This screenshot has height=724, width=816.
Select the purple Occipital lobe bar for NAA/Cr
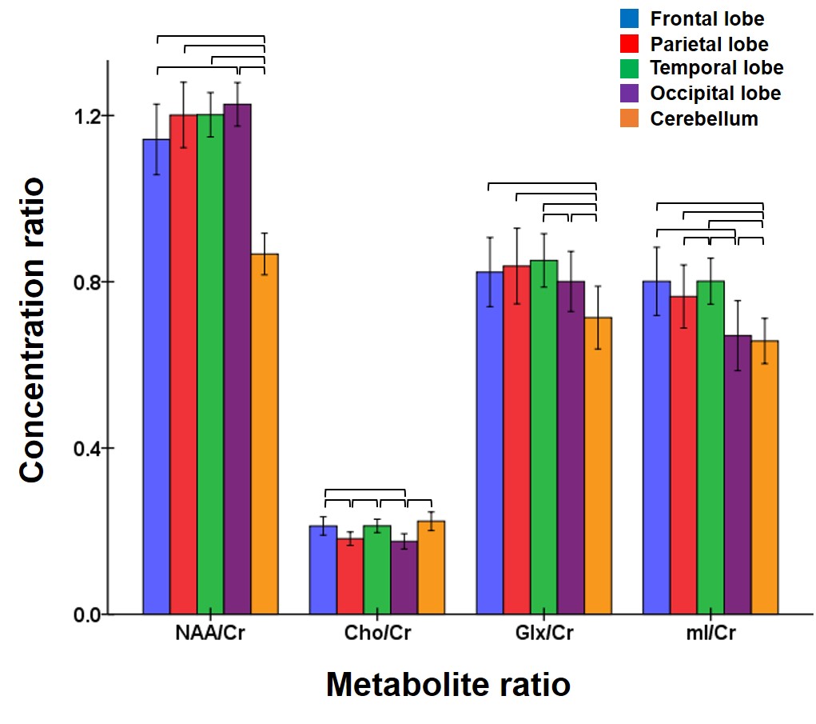click(237, 359)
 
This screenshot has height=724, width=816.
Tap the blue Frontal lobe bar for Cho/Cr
click(324, 570)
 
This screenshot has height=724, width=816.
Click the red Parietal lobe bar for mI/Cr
click(683, 455)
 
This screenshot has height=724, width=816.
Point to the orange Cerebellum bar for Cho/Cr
click(431, 567)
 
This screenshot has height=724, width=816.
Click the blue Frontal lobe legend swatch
click(629, 18)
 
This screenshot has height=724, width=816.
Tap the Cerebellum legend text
click(703, 119)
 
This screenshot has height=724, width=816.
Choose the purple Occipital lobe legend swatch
click(629, 94)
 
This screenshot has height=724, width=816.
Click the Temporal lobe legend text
click(716, 68)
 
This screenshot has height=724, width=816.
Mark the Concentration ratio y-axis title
click(33, 330)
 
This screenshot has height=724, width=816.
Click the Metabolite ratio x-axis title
click(448, 685)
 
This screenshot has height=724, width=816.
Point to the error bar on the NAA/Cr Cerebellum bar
click(264, 254)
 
